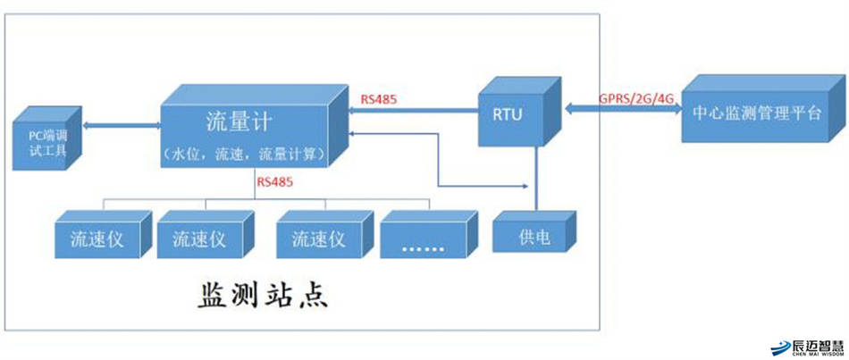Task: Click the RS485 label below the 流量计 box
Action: pyautogui.click(x=275, y=181)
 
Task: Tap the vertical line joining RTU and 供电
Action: pyautogui.click(x=535, y=179)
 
